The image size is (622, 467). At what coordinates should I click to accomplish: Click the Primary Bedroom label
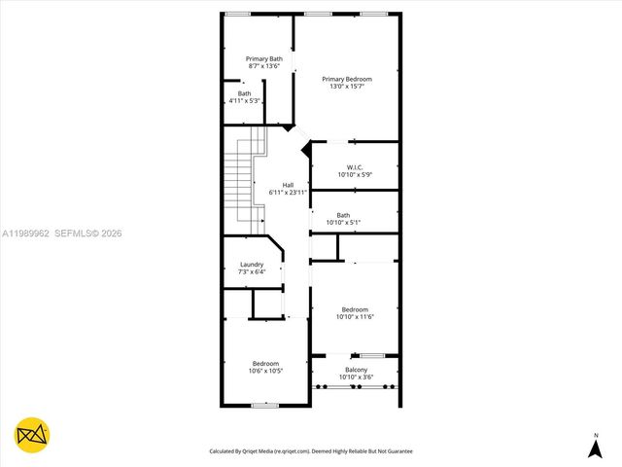[x=347, y=79]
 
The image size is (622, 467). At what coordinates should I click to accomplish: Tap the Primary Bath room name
[x=263, y=58]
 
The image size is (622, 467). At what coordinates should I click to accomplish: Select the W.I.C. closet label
[x=356, y=167]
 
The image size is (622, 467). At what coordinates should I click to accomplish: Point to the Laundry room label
[x=251, y=264]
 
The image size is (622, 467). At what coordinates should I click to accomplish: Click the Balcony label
[x=355, y=370]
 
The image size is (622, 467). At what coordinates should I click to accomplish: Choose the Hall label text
[x=288, y=185]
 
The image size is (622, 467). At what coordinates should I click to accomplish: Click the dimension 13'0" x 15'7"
[x=347, y=87]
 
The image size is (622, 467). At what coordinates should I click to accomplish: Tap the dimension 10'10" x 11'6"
[x=355, y=317]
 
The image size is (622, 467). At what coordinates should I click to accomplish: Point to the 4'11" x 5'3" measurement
[x=244, y=101]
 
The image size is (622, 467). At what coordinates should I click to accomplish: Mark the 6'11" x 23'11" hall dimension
[x=288, y=193]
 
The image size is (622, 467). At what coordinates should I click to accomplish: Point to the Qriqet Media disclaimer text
[x=311, y=451]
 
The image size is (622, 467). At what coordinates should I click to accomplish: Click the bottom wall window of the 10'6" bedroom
[x=265, y=405]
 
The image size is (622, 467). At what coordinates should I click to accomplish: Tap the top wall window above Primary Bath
[x=237, y=13]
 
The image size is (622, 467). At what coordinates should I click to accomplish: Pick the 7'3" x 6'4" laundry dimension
[x=251, y=271]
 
